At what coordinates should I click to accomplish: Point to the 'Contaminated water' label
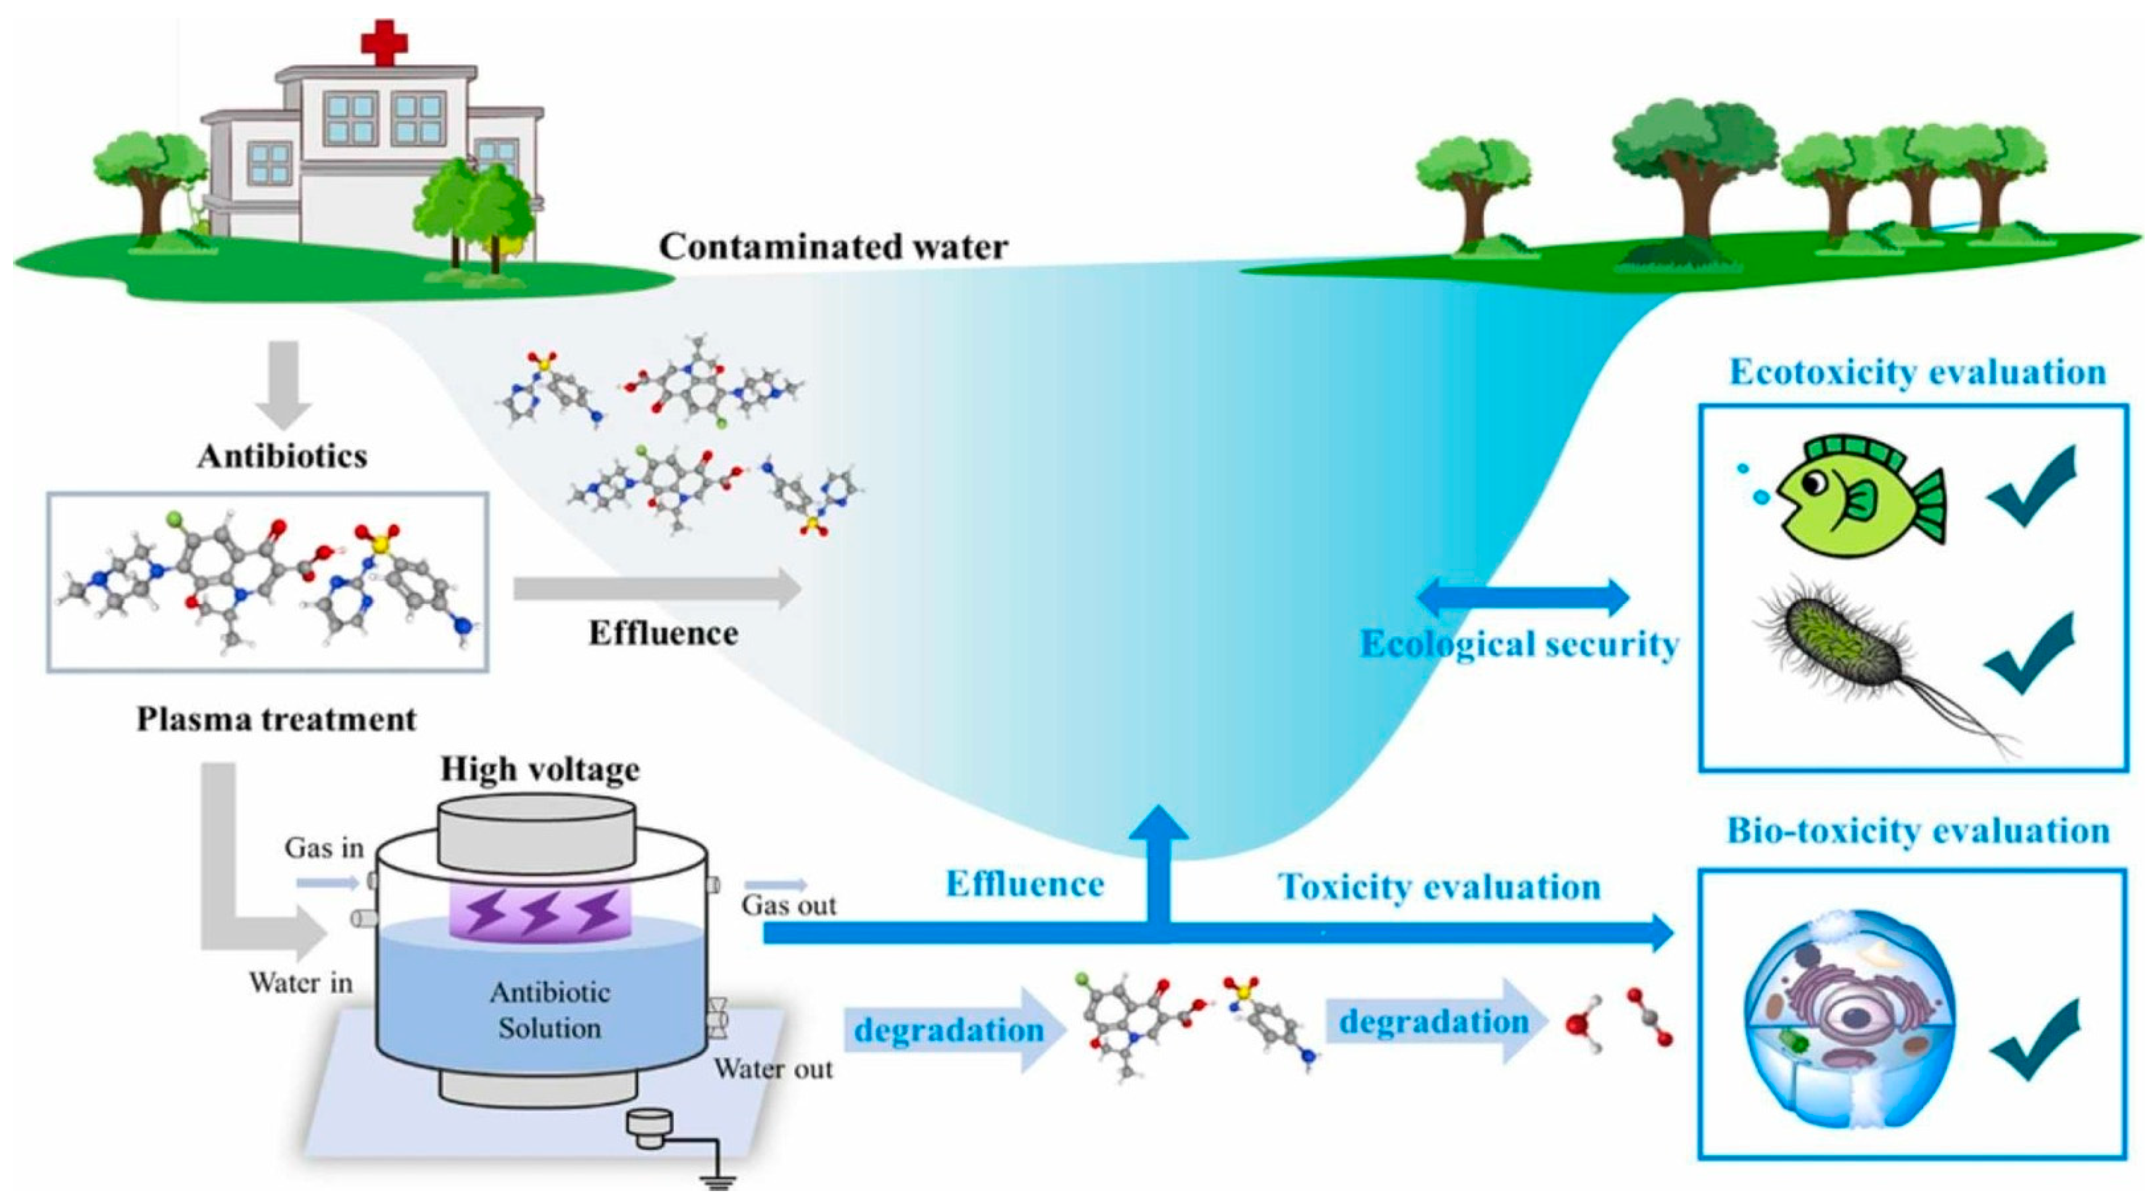coord(834,247)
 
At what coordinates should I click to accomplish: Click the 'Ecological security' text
coord(1520,644)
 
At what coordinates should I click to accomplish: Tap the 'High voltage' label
coord(540,769)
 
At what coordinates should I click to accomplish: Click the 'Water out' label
coord(772,1069)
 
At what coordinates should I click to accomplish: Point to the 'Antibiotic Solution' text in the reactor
coord(550,1010)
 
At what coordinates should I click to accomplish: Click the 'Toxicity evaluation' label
coord(1439,887)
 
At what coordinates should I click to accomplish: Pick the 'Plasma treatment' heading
coord(276,718)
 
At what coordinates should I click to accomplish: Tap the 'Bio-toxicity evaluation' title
coord(1918,831)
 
